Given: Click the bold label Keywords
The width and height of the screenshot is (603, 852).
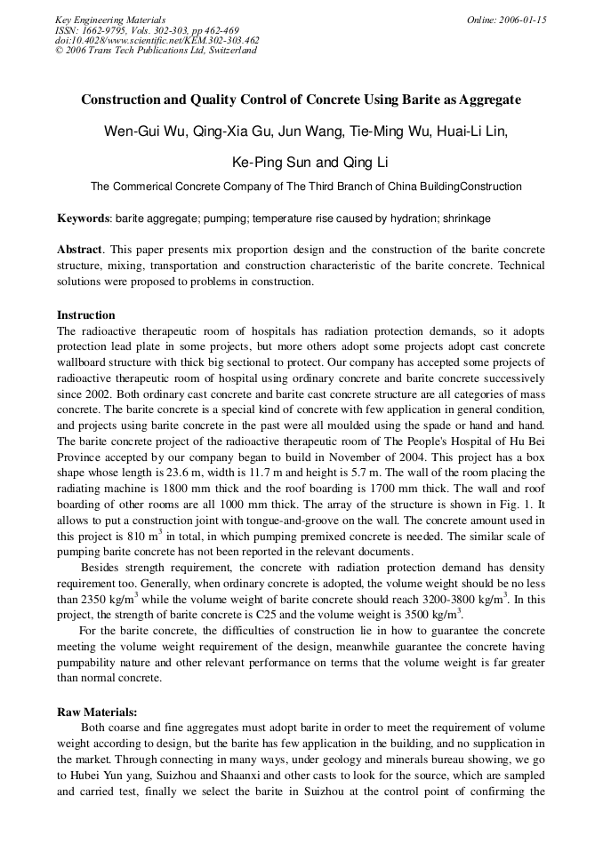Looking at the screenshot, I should [83, 218].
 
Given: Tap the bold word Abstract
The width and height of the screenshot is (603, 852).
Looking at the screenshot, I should [79, 250].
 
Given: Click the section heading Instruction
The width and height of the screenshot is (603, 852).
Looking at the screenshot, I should [86, 315].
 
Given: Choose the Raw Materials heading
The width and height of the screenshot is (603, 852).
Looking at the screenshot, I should [98, 712].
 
